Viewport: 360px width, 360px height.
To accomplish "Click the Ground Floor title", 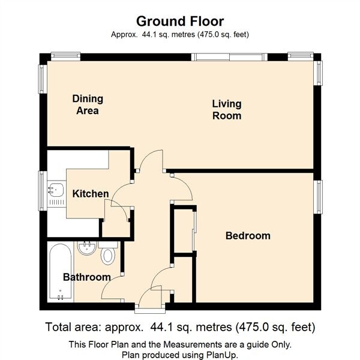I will pyautogui.click(x=180, y=22).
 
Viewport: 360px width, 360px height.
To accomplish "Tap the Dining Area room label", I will pyautogui.click(x=88, y=104).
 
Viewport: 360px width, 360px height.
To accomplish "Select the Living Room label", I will pyautogui.click(x=227, y=109).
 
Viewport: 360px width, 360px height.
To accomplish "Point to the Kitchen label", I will pyautogui.click(x=91, y=194).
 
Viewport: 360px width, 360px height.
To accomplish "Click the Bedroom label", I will pyautogui.click(x=248, y=235).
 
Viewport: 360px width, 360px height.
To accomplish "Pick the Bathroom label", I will pyautogui.click(x=87, y=277).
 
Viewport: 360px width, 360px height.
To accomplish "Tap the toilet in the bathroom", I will pyautogui.click(x=108, y=255).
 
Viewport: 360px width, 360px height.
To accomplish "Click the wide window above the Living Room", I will pyautogui.click(x=229, y=56).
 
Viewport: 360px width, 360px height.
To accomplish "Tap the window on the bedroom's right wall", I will pyautogui.click(x=319, y=197).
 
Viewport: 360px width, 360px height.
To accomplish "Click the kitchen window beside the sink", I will pyautogui.click(x=42, y=191).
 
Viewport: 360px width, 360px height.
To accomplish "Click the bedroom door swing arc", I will pyautogui.click(x=182, y=187).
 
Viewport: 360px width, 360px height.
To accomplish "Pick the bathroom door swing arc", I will pyautogui.click(x=112, y=288).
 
